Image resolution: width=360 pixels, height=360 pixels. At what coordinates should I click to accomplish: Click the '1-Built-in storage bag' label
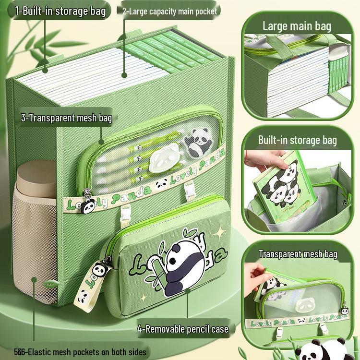pos(60,11)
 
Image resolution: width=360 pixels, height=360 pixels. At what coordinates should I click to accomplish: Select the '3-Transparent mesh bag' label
pos(66,118)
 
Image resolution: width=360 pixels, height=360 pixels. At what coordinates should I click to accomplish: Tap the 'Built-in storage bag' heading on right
pos(297,140)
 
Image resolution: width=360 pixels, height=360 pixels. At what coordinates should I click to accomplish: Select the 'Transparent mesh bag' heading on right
pos(298,254)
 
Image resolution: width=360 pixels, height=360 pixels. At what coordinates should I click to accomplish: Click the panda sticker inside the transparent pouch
pos(196,142)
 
